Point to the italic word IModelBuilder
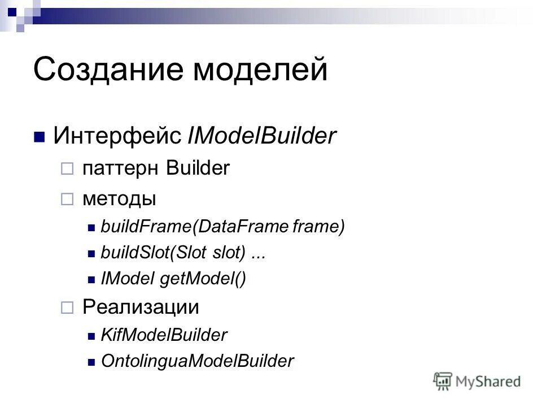261,136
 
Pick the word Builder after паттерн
198,168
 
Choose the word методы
119,199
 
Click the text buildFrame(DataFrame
194,227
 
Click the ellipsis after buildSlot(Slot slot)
258,254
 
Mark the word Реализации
141,307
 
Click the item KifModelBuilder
164,335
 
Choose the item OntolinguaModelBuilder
197,361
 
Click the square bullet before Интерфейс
40,137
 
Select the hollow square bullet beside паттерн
67,169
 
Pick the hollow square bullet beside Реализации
67,308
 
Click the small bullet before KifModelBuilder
92,336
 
